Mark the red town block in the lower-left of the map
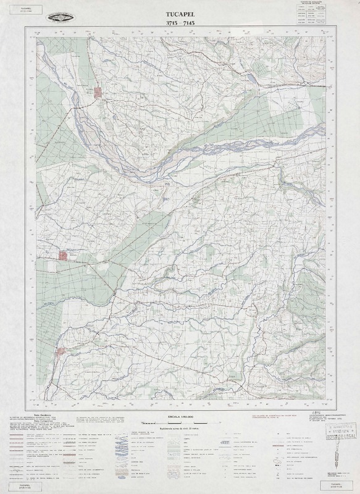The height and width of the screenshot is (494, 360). pyautogui.click(x=61, y=352)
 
